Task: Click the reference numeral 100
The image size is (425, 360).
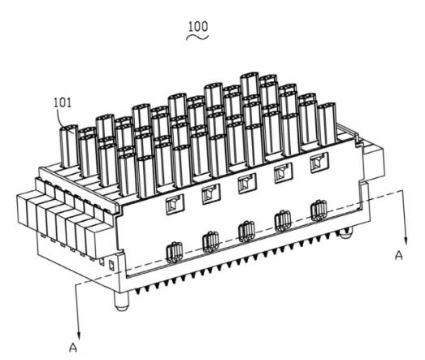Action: (x=198, y=27)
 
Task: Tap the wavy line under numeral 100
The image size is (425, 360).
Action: (x=197, y=37)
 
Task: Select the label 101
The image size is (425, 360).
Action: (x=63, y=103)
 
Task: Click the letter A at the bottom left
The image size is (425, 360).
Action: (x=73, y=347)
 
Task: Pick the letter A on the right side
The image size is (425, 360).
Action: (x=399, y=255)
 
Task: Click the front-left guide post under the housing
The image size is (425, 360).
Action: (x=121, y=301)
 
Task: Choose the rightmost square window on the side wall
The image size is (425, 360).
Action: (x=319, y=163)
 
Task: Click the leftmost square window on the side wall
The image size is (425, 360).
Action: (x=175, y=205)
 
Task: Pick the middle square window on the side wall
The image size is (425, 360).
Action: (x=247, y=184)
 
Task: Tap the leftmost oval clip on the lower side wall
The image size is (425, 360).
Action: (x=174, y=253)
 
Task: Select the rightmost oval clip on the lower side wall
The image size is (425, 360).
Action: (x=319, y=210)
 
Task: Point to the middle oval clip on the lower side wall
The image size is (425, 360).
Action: (x=247, y=232)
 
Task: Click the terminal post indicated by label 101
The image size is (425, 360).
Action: (x=69, y=146)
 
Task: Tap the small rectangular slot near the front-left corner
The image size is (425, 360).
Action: (x=111, y=266)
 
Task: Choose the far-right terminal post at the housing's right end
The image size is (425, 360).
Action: (x=327, y=124)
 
